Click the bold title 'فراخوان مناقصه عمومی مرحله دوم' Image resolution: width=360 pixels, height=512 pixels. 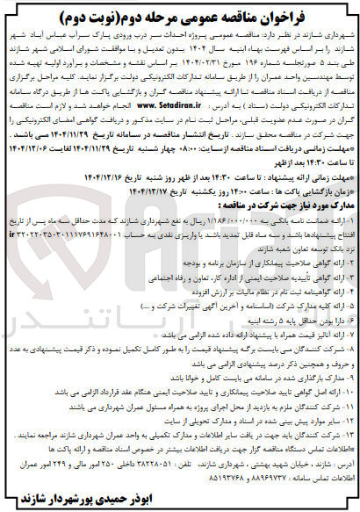[180, 13]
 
